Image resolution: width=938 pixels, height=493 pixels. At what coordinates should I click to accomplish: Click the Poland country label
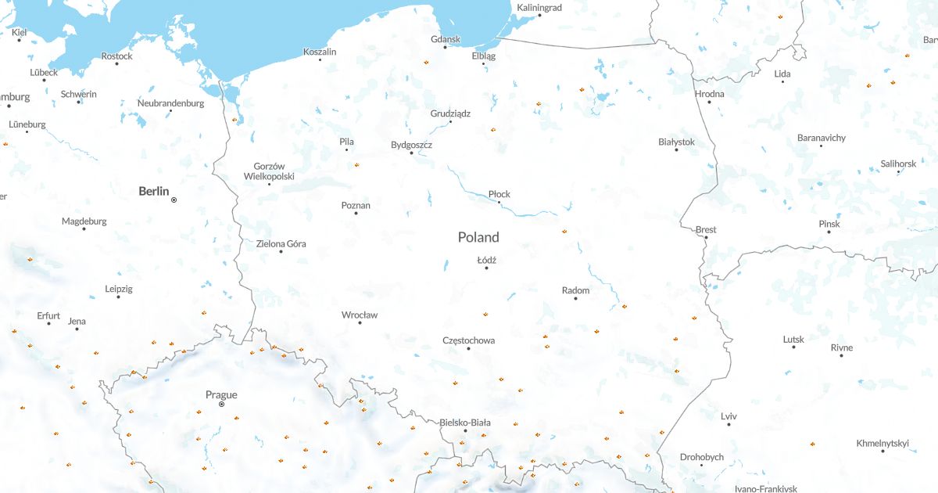pos(478,237)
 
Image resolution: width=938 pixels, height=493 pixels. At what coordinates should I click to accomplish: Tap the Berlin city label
pos(153,191)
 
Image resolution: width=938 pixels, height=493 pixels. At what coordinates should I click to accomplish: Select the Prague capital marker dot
pos(221,405)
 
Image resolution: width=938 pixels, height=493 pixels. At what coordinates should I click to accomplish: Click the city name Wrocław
pos(360,315)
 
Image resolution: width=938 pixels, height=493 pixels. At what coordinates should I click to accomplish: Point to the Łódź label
pos(487,260)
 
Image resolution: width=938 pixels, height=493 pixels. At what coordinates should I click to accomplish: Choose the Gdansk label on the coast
pos(446,39)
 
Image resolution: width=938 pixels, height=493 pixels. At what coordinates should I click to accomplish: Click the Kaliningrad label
pos(539,7)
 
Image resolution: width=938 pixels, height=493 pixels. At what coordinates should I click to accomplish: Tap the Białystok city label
pos(676,142)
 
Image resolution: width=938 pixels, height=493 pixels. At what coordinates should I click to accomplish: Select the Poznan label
pos(356,206)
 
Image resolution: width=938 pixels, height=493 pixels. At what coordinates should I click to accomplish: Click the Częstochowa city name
pos(468,340)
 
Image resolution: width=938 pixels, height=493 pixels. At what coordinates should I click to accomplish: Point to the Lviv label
pos(729,416)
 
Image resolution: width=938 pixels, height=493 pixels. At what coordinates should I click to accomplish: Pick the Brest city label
pos(706,229)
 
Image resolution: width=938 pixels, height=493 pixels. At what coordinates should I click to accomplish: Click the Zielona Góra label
pos(281,243)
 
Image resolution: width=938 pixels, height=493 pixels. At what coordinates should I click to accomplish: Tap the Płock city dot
pos(499,203)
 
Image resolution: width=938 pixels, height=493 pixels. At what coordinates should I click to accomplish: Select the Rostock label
pos(117,56)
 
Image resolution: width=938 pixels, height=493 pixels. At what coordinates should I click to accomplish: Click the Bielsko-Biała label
pos(465,423)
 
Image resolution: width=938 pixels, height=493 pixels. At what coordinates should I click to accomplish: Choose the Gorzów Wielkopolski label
pos(269,171)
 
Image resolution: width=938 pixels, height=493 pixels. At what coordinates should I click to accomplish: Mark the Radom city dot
pos(576,299)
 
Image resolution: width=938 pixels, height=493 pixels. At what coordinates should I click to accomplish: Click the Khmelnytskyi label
pos(883,443)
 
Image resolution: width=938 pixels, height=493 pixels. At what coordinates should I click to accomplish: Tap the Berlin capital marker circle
pos(174,200)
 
